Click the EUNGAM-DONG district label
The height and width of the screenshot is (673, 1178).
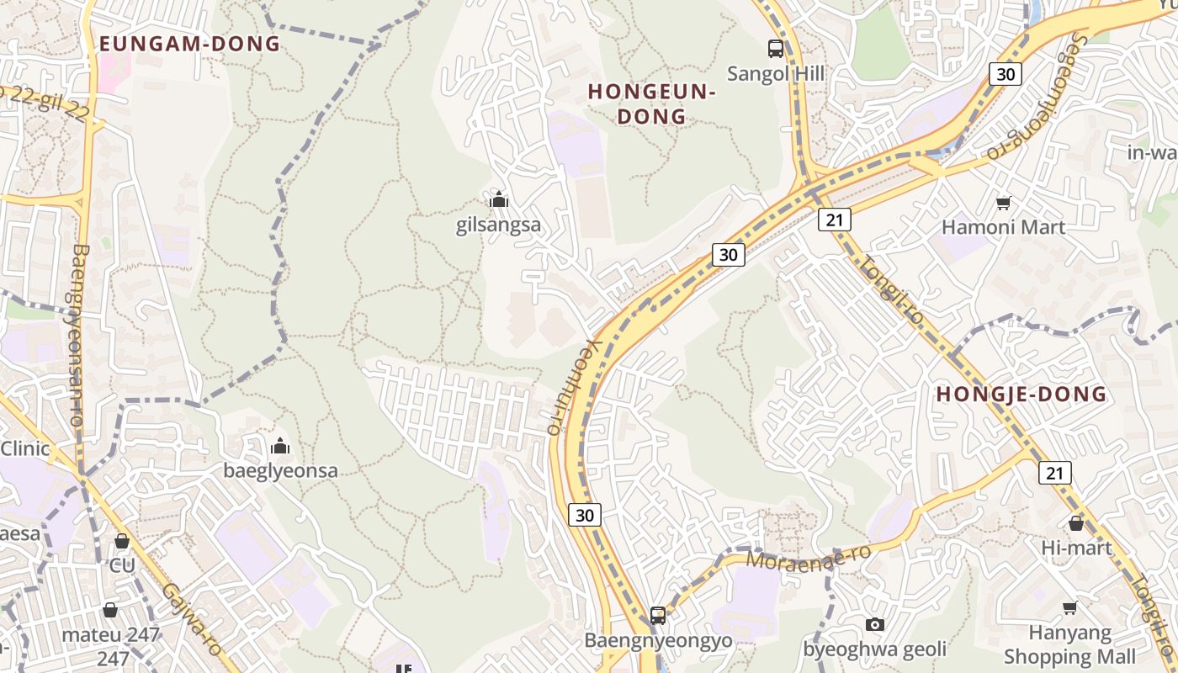click(x=189, y=44)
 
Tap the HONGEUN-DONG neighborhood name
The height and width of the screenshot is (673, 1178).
click(x=651, y=103)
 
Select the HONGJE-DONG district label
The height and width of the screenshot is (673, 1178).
click(x=1021, y=394)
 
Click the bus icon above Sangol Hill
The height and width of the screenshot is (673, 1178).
click(x=776, y=49)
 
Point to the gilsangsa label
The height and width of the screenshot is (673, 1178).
click(x=498, y=225)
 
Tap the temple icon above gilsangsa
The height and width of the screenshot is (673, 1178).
click(x=499, y=200)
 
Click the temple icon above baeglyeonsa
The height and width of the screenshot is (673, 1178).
click(x=280, y=446)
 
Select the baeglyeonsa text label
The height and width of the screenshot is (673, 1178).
click(x=280, y=471)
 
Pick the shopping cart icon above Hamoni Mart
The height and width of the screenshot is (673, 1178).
click(x=1003, y=203)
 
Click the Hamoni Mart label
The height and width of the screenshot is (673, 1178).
click(x=1003, y=227)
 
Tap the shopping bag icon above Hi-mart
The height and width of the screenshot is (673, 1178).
click(x=1076, y=523)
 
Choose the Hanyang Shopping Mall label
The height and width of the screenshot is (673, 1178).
click(x=1069, y=644)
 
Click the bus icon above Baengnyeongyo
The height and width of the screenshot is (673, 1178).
click(x=658, y=616)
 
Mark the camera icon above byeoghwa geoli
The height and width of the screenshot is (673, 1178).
click(x=875, y=624)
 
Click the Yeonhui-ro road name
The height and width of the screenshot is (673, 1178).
click(x=569, y=387)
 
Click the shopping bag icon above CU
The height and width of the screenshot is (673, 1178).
click(x=122, y=541)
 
